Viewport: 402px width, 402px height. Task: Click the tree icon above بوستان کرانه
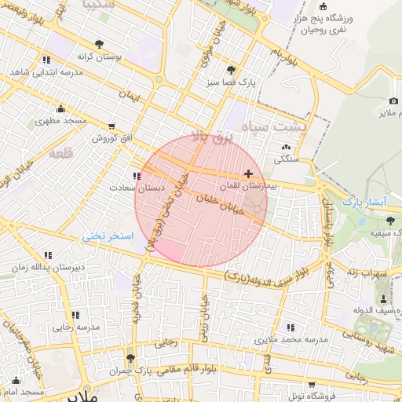click(x=98, y=45)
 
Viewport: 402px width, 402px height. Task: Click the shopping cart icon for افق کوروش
click(x=111, y=126)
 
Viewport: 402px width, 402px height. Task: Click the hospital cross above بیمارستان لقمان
click(x=249, y=174)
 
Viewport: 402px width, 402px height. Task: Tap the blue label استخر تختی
click(x=111, y=236)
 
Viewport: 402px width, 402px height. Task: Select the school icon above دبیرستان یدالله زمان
click(x=49, y=255)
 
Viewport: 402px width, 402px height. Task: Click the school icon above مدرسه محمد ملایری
click(x=291, y=327)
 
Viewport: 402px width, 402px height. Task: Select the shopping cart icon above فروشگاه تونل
click(x=312, y=385)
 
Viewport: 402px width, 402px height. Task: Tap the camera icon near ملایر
click(x=393, y=101)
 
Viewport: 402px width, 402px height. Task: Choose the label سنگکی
click(x=286, y=159)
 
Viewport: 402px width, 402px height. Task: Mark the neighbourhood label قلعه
click(x=61, y=153)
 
